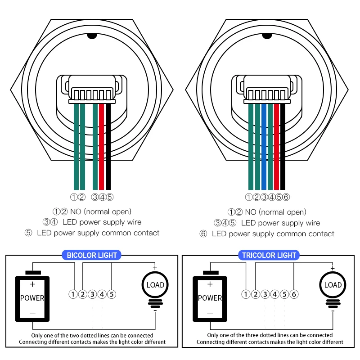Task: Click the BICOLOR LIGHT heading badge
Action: click(92, 255)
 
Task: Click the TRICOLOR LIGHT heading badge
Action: click(269, 255)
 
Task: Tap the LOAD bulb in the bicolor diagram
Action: click(155, 285)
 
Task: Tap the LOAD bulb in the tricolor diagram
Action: click(333, 285)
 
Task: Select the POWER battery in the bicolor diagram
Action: click(32, 297)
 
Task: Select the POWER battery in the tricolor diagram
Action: click(210, 297)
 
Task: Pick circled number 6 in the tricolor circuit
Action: click(294, 294)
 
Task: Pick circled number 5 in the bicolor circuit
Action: click(112, 294)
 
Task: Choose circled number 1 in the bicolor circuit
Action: click(73, 294)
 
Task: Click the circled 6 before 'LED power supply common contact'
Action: click(203, 234)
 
